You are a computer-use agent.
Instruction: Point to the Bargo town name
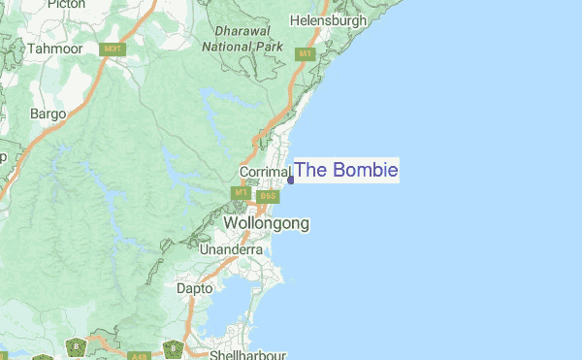tap(48, 114)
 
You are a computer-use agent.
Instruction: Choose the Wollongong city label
tap(267, 223)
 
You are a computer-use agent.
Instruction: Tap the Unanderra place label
tap(231, 249)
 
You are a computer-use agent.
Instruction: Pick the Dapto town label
tap(194, 288)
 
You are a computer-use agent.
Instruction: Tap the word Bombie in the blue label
tap(365, 171)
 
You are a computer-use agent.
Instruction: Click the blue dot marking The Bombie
tap(291, 180)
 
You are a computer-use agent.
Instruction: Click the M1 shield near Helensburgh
tap(306, 53)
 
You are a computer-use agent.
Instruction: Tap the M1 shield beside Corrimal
tap(241, 193)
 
